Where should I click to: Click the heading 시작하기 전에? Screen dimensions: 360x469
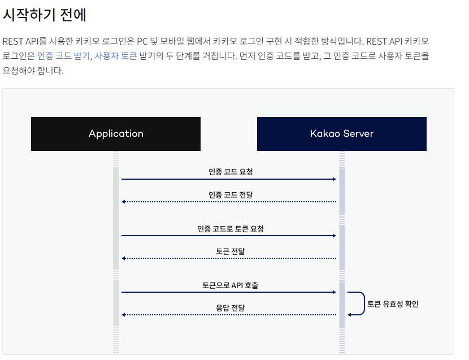(45, 15)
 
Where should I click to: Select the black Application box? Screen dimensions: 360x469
(116, 134)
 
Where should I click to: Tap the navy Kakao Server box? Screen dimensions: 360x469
(341, 134)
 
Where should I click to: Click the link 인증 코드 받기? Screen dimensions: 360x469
(63, 56)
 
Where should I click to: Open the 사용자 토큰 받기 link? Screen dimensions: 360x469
(115, 56)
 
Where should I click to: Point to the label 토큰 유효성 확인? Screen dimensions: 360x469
(393, 304)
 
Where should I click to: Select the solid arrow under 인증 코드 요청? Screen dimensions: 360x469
(229, 179)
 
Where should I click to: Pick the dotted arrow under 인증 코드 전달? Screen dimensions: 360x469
(229, 202)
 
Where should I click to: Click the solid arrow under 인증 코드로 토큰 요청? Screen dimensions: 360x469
(229, 236)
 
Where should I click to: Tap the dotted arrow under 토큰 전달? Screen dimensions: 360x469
(229, 258)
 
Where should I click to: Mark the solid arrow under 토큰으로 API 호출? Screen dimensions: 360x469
(229, 292)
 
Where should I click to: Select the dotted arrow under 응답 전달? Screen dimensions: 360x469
(229, 315)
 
